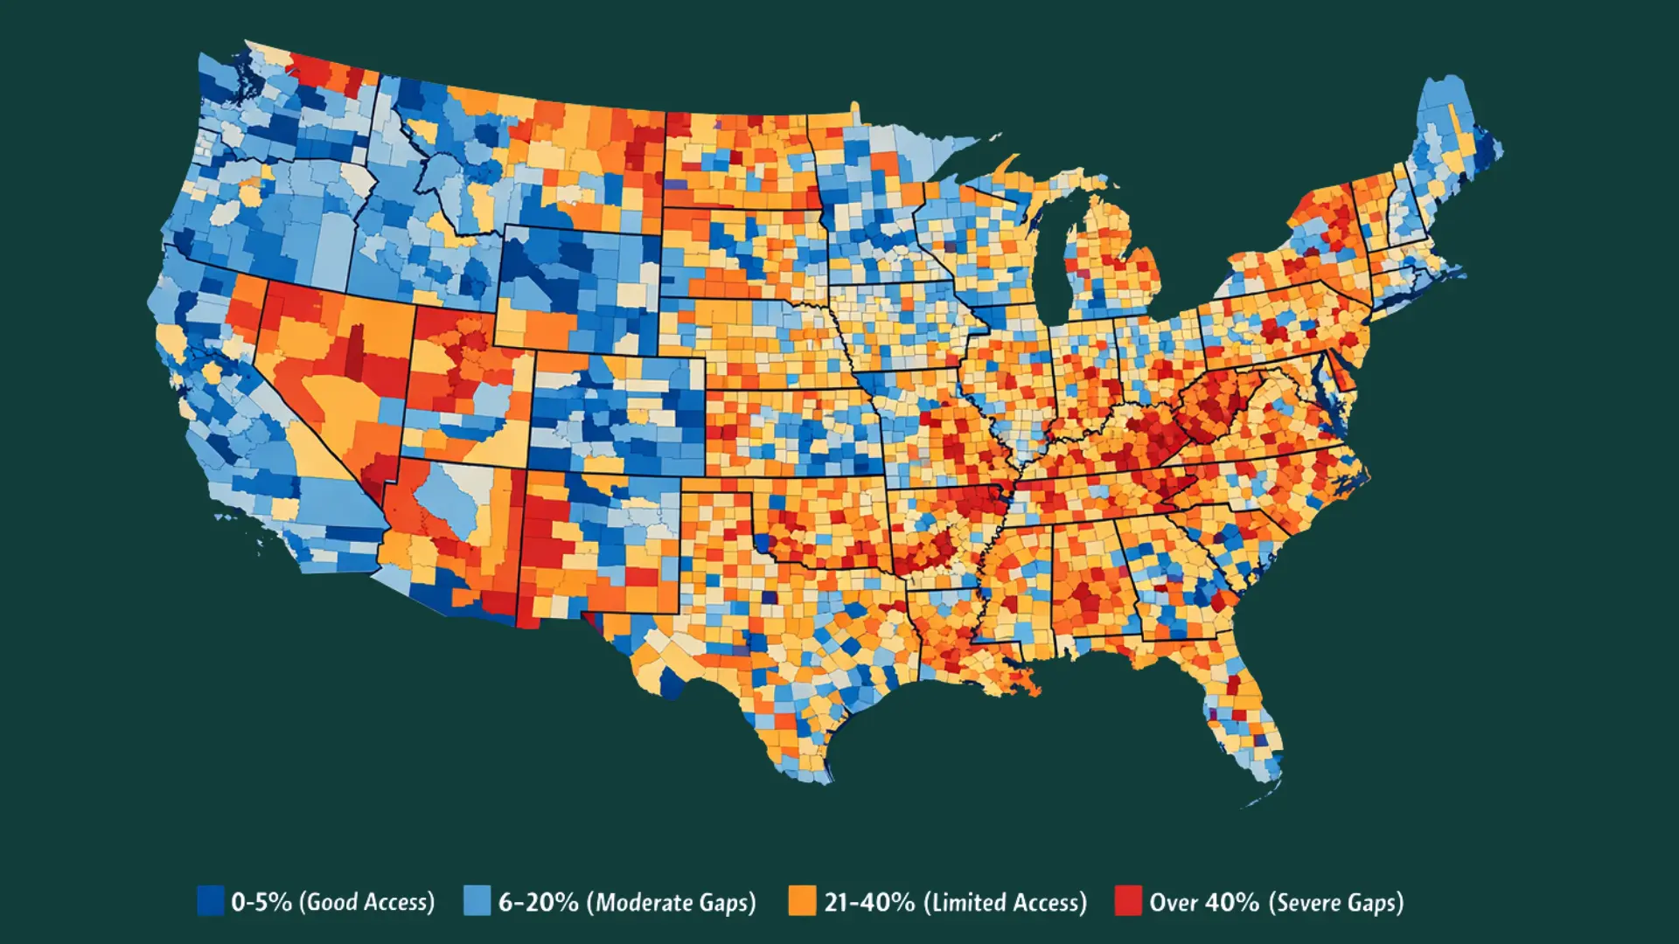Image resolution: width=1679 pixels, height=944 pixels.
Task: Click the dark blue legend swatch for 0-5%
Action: pos(210,900)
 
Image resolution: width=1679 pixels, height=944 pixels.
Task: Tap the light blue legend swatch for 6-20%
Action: pos(477,900)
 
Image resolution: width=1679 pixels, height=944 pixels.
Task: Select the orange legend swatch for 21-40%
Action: pos(801,900)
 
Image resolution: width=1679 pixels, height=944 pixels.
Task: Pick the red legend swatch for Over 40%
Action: pos(1127,900)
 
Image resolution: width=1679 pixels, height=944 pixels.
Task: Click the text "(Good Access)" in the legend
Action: pos(366,902)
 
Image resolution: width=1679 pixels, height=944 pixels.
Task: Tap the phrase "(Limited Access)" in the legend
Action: pos(1005,902)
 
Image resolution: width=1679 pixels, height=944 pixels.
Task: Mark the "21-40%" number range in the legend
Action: pos(869,902)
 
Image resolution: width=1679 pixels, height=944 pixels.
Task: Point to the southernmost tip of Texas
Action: pos(822,778)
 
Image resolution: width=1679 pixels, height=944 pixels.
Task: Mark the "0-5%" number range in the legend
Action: pos(261,902)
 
